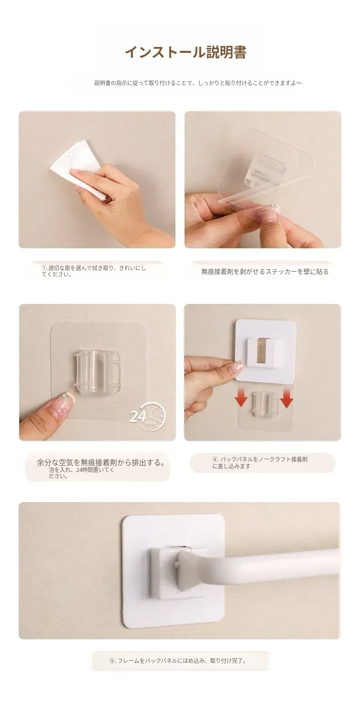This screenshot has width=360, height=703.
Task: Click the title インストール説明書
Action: [186, 52]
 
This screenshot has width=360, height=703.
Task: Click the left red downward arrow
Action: [241, 396]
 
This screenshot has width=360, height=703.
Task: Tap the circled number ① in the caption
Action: [44, 268]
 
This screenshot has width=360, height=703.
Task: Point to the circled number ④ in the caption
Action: [215, 459]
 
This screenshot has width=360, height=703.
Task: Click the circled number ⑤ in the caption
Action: [112, 661]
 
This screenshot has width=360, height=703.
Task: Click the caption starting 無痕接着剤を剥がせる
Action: [265, 272]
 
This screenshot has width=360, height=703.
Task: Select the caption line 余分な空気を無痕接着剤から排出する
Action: [101, 462]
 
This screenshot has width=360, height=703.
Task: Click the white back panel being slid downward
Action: [266, 350]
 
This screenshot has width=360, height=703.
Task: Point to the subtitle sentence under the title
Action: [198, 83]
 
